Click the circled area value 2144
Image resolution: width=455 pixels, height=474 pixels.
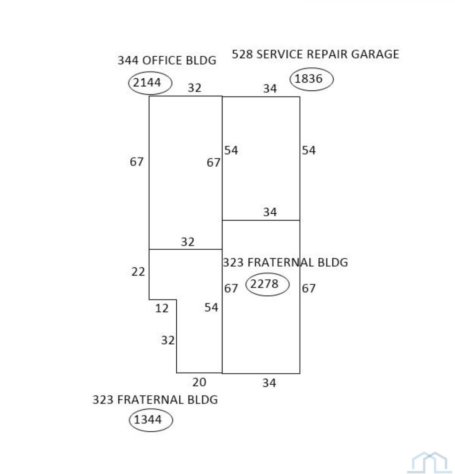point(147,83)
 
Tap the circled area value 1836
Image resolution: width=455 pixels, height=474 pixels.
point(308,79)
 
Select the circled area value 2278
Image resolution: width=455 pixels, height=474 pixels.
point(264,284)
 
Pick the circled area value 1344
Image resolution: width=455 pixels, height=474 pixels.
point(148,419)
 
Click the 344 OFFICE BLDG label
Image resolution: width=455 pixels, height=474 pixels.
point(167,60)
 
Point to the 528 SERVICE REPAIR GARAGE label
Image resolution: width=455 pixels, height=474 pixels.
point(315,54)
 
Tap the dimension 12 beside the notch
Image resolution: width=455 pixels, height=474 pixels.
point(162,309)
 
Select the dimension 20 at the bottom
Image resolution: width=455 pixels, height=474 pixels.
point(200,383)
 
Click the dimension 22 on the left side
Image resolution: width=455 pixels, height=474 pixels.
point(138,272)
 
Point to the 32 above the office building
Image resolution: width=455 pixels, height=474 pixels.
point(195,88)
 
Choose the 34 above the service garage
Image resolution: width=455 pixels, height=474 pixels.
point(270,88)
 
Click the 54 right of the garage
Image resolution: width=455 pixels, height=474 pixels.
point(309,150)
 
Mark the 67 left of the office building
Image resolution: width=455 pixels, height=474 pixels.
point(137,162)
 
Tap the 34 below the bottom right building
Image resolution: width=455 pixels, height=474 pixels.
point(269,383)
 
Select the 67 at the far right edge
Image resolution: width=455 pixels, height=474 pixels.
point(309,288)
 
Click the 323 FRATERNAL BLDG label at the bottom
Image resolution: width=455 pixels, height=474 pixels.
point(155,400)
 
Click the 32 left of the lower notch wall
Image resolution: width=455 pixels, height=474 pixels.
point(168,340)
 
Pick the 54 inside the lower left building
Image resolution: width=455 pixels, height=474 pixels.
point(211,307)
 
